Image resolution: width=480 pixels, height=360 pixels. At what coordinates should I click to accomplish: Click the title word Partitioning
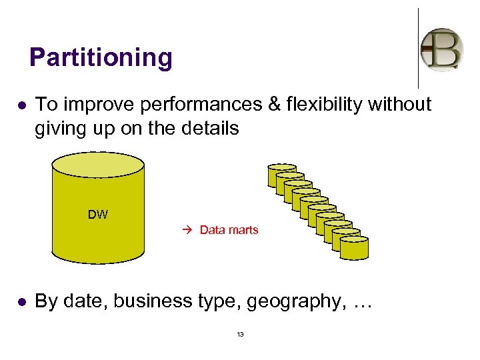101,57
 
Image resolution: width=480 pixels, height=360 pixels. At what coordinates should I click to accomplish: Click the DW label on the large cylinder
98,215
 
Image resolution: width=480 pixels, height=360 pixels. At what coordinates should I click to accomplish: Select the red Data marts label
229,230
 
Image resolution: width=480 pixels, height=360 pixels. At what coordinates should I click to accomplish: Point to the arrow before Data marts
187,230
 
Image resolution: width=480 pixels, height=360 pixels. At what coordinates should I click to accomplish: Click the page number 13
240,334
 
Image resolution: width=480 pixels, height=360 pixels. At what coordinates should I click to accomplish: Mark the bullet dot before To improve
21,105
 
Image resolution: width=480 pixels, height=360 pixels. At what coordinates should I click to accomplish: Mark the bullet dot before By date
21,302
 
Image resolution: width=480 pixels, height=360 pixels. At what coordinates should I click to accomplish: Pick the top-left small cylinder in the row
281,174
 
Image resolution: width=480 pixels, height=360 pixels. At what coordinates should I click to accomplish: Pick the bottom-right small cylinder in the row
354,247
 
